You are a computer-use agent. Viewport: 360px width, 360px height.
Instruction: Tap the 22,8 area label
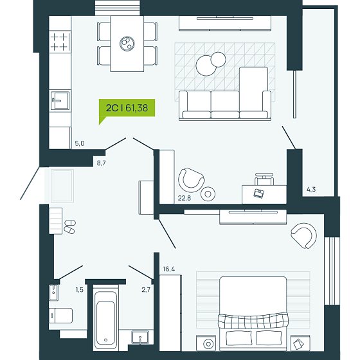pos(184,198)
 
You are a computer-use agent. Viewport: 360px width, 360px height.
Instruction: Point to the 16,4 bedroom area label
pos(168,269)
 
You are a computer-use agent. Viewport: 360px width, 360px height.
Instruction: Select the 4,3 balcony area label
pos(311,190)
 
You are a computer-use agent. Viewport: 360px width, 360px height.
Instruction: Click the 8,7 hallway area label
pos(102,163)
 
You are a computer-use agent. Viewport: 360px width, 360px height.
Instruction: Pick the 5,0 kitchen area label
pos(80,143)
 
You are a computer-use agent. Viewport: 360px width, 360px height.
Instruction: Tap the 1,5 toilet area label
pos(80,290)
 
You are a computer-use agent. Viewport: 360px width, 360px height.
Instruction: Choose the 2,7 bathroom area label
pos(146,290)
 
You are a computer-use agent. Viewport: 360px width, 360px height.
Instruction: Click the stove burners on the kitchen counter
pos(59,42)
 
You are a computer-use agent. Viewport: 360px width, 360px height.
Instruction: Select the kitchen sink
pos(60,100)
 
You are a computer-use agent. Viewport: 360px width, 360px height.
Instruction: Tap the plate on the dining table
pos(127,44)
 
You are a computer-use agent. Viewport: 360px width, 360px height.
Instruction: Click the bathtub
pos(105,318)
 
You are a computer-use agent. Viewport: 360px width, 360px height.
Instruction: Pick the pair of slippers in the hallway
pos(69,226)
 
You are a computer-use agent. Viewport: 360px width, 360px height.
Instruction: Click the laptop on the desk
pos(258,194)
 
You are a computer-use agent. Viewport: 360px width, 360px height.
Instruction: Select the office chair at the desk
pos(264,179)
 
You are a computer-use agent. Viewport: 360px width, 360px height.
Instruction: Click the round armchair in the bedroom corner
pos(303,235)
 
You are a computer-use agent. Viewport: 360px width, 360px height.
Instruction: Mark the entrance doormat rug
pos(62,186)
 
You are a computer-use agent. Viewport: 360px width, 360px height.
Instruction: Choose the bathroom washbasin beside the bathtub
pos(140,337)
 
